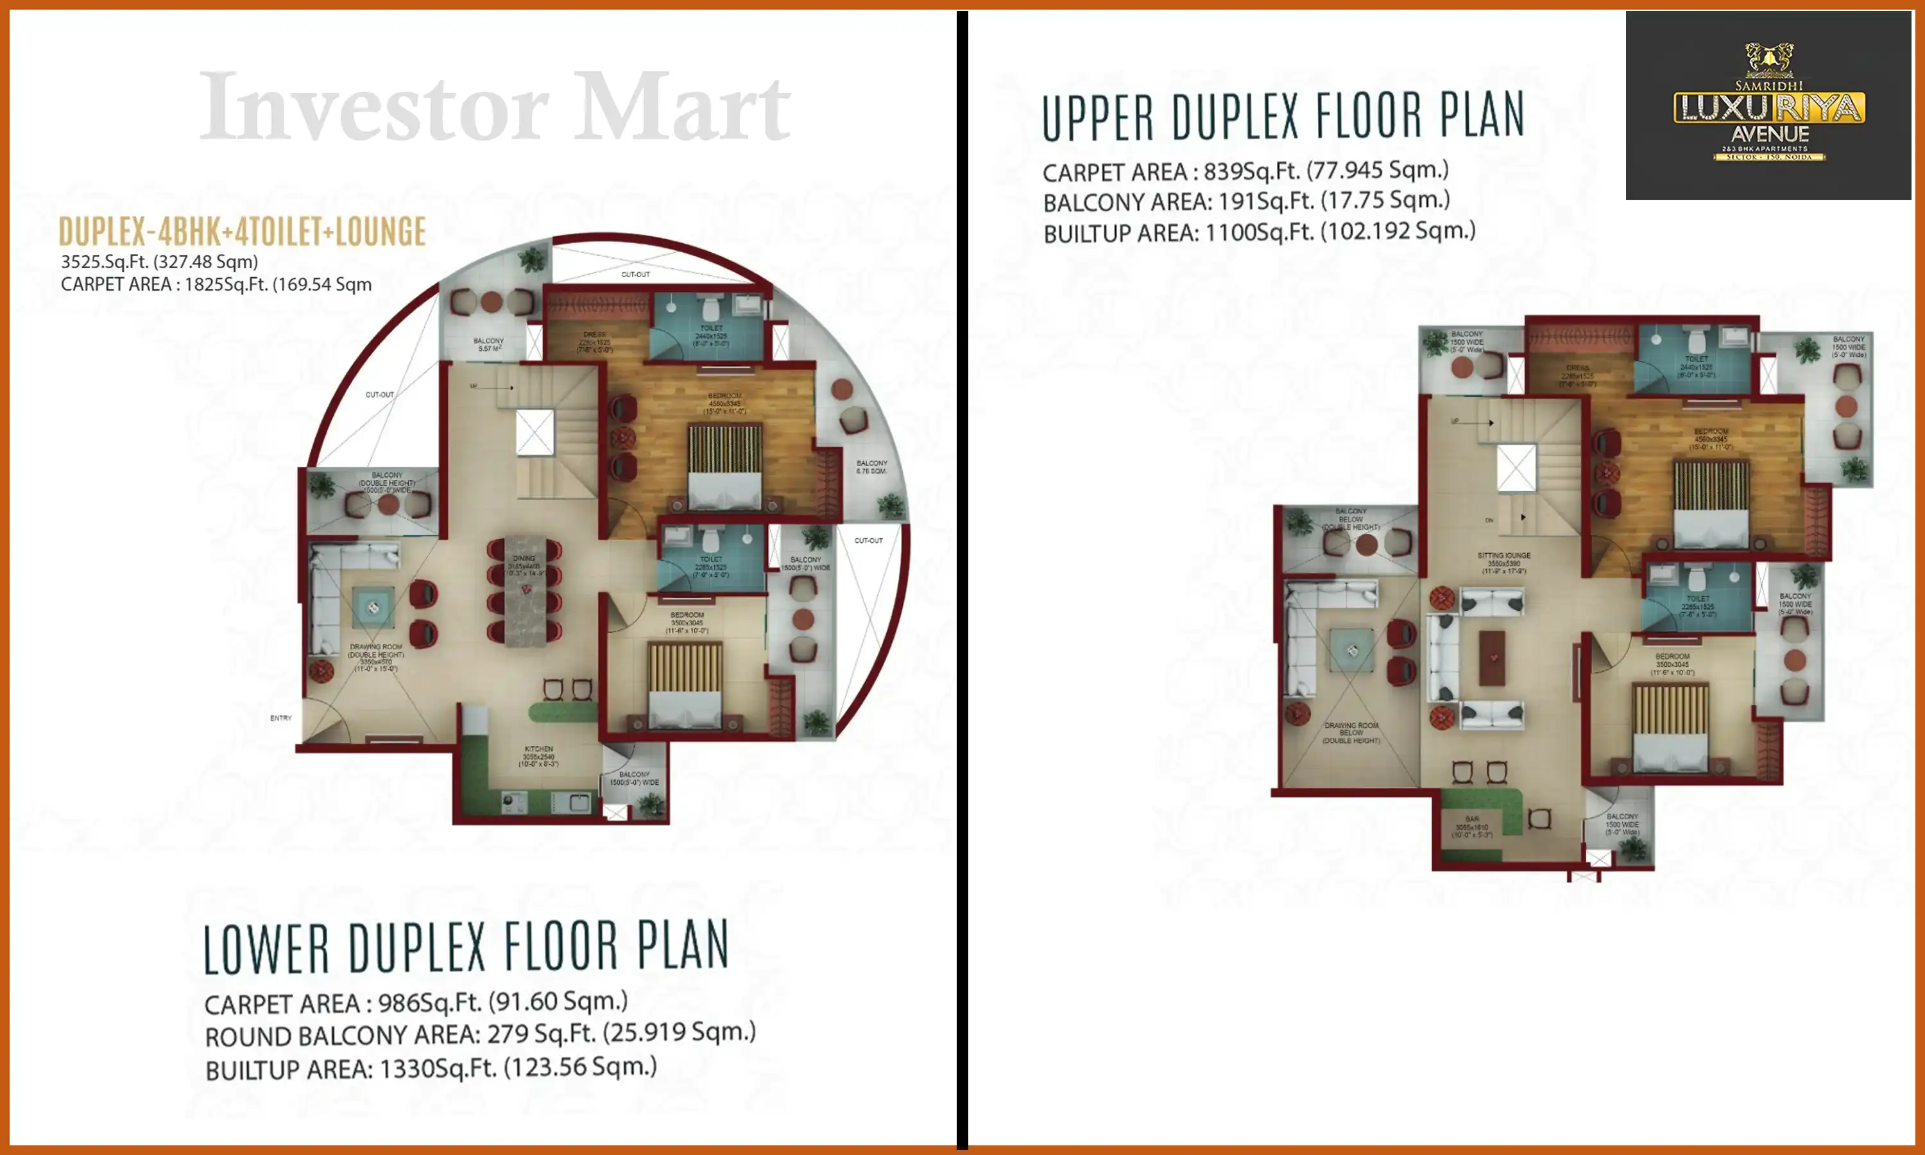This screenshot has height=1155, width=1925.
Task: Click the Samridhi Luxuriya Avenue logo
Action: coord(1768,105)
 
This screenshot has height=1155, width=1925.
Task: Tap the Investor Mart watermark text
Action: coord(495,107)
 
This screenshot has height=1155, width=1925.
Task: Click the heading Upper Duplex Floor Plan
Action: coord(1282,117)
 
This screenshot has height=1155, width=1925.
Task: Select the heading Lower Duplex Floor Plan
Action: coord(465,947)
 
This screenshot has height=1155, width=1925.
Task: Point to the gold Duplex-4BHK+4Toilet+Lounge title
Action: coord(242,232)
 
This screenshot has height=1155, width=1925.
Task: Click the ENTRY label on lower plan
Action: coord(281,717)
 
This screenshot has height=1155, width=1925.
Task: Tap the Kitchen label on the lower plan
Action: coord(538,749)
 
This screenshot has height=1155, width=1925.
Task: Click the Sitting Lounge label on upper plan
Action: coord(1503,556)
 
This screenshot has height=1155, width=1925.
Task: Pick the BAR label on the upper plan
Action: coord(1471,819)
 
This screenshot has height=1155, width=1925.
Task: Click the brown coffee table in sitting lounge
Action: coord(1492,658)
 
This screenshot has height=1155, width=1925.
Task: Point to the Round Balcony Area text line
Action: coord(479,1034)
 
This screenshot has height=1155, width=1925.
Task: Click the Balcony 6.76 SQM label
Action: coord(871,466)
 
